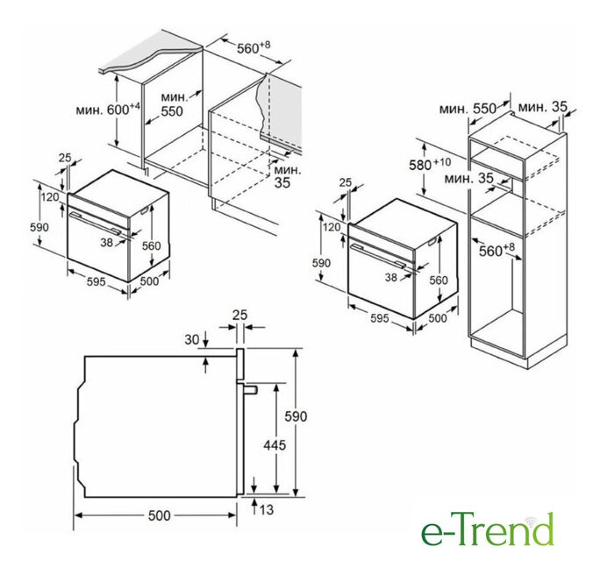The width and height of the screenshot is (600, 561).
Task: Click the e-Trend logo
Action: (x=487, y=529)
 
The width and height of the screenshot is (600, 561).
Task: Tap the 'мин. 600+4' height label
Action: (x=108, y=110)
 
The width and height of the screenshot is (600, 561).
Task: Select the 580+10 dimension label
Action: (x=430, y=165)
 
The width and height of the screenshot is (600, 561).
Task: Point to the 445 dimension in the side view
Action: (x=275, y=444)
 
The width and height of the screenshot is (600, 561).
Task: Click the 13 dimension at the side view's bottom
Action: (x=267, y=509)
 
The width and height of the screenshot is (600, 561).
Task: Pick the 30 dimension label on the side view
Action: (x=192, y=339)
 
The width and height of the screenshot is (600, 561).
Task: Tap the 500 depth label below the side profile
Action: (x=159, y=515)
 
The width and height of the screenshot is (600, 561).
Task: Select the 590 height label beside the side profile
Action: (x=296, y=416)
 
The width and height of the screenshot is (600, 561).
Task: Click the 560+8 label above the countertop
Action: (x=254, y=47)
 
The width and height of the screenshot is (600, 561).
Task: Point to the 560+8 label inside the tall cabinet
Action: (x=497, y=250)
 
